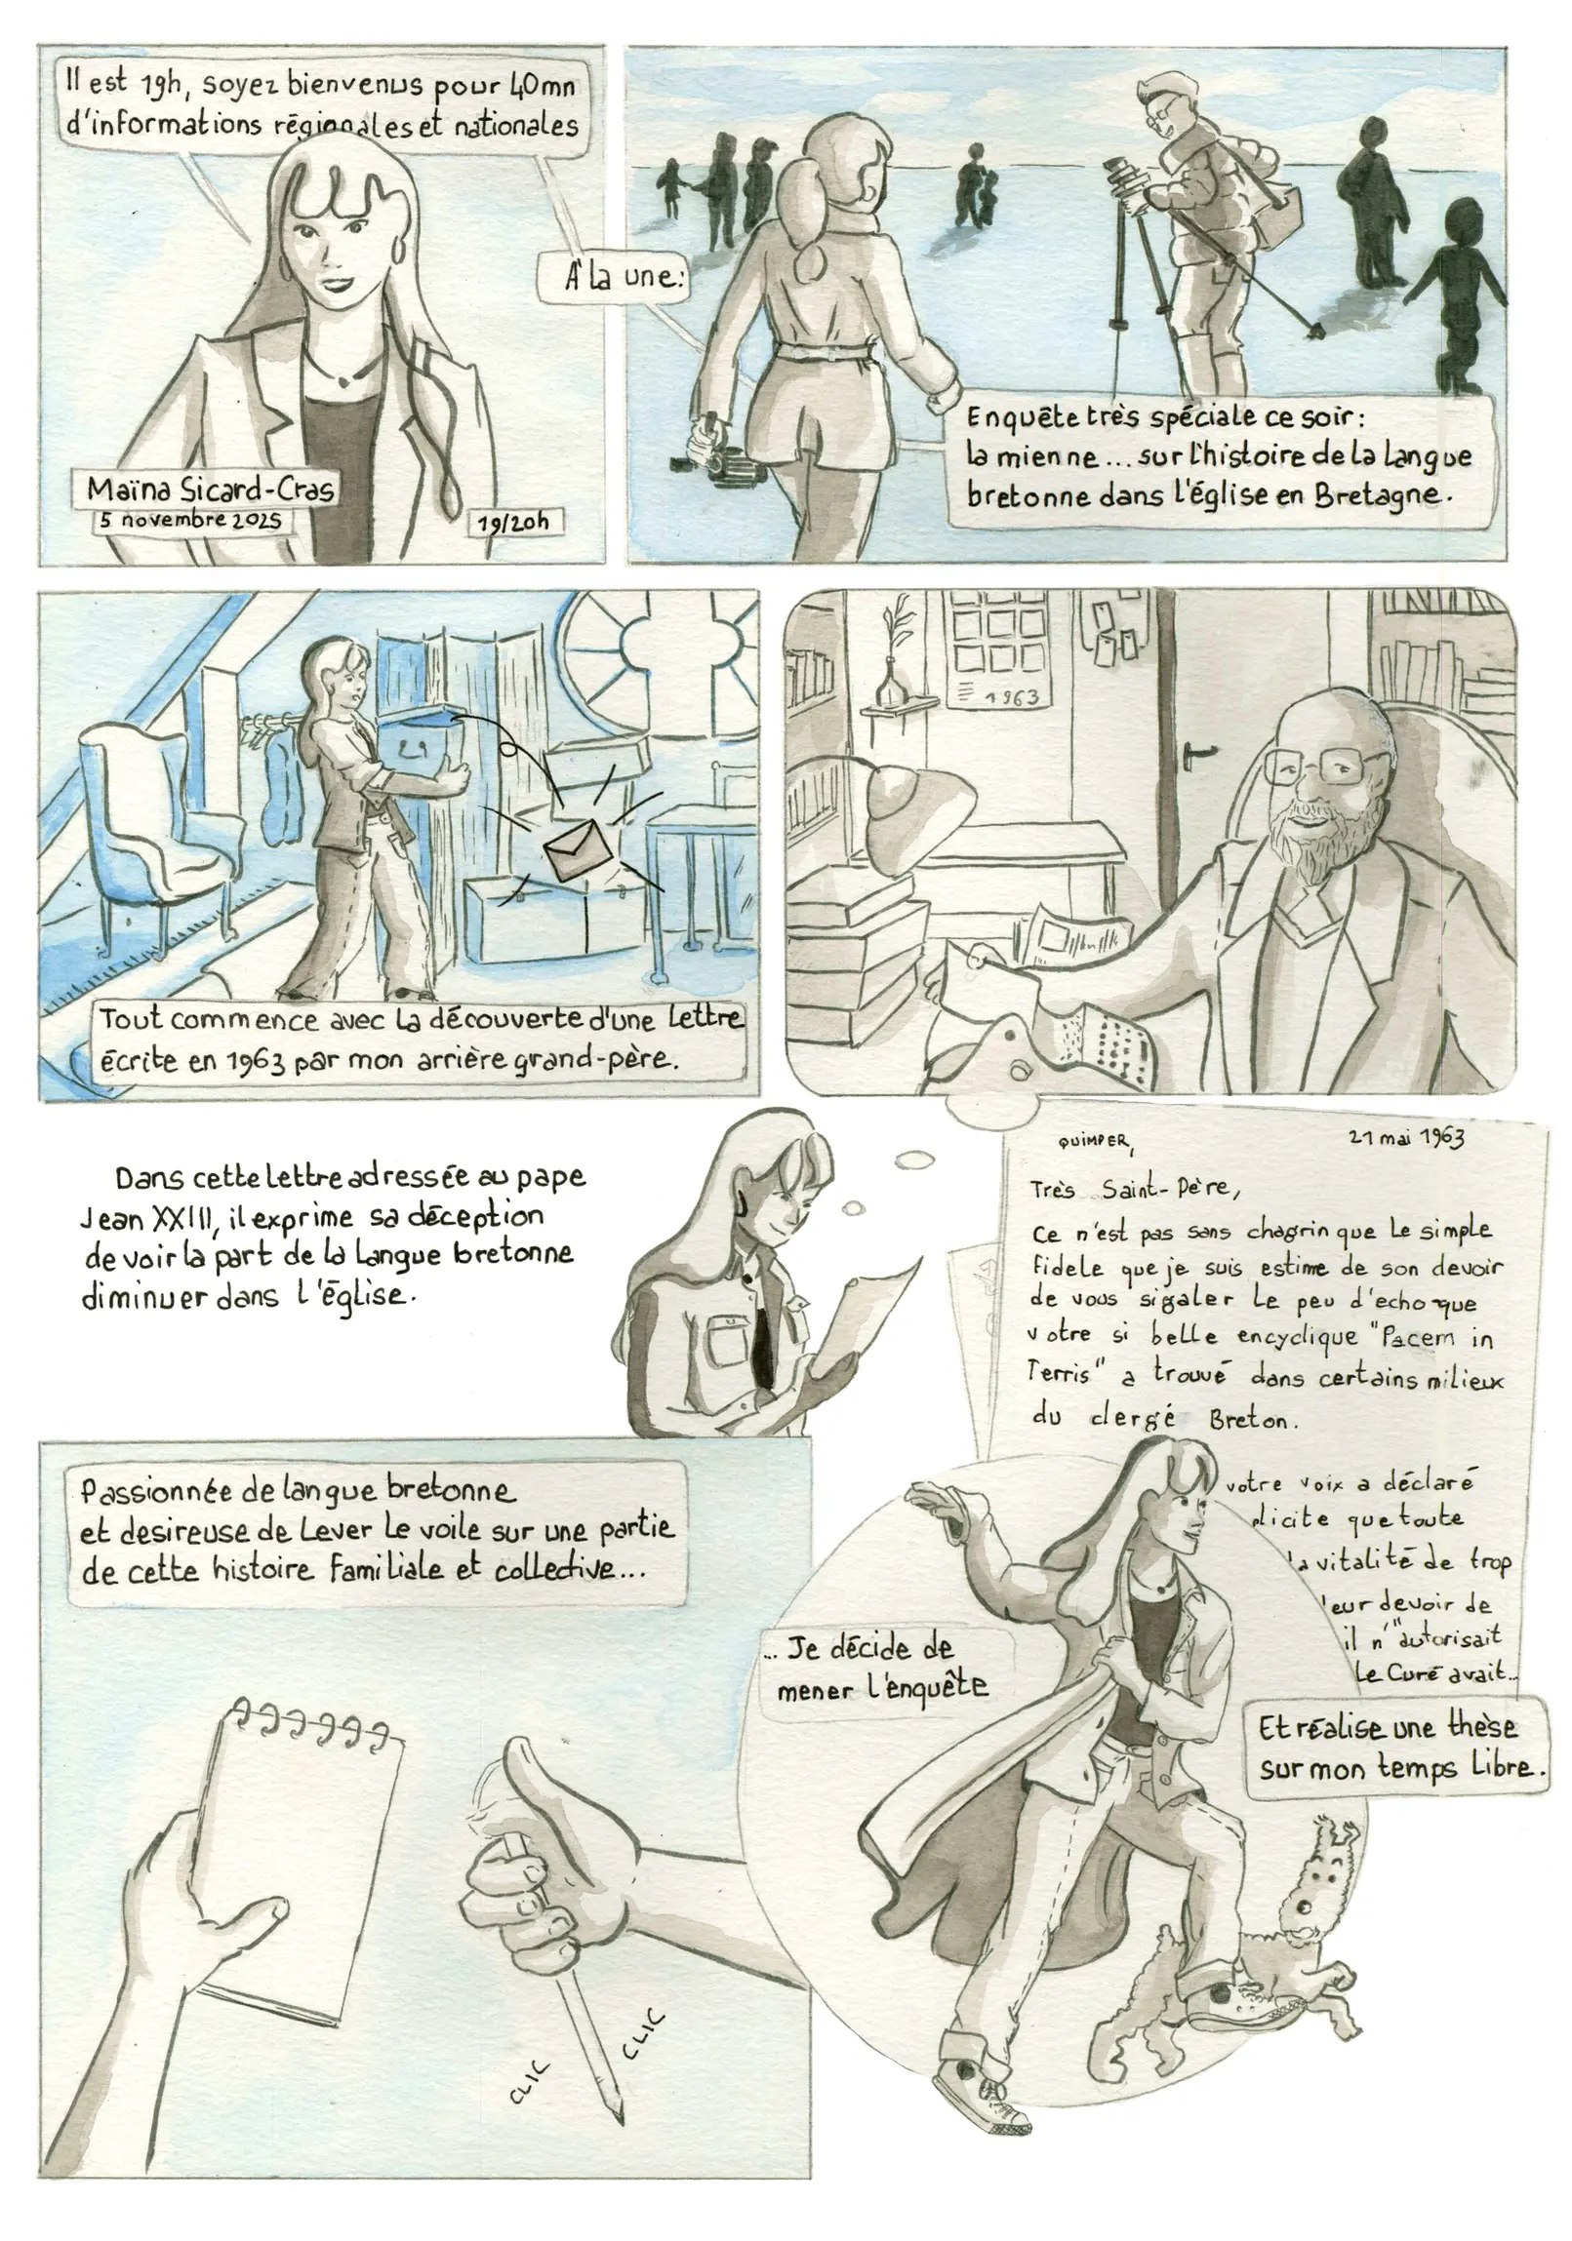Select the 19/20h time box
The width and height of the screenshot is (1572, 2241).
tap(513, 522)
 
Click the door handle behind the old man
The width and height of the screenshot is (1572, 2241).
tap(1199, 753)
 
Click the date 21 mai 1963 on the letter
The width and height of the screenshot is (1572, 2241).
tap(1406, 1138)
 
